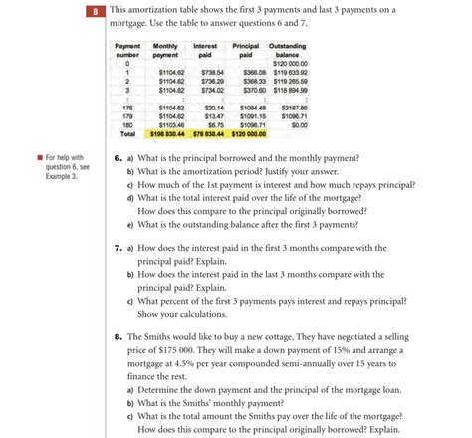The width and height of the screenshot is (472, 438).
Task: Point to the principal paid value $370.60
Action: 245,89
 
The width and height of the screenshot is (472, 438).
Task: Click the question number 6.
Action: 118,157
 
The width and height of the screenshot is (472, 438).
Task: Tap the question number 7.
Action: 118,246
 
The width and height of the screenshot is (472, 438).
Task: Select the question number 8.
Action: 118,336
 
